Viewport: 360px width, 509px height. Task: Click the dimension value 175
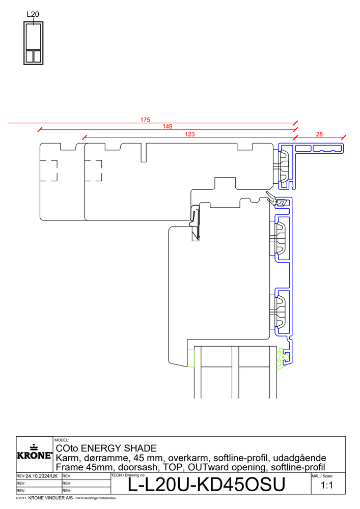coord(145,120)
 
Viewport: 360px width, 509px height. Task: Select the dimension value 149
coord(168,127)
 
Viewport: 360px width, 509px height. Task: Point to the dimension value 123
coord(189,134)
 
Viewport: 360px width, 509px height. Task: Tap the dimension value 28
coord(319,134)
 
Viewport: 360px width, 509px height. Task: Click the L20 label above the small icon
coord(33,14)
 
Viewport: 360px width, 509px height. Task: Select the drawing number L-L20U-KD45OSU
coord(207,485)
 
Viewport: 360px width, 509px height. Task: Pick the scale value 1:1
coord(327,486)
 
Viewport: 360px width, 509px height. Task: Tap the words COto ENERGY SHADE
coord(106,448)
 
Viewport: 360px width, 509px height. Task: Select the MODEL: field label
coord(62,440)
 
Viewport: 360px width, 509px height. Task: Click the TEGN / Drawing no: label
coord(128,475)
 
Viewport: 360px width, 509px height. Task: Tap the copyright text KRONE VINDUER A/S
coord(50,498)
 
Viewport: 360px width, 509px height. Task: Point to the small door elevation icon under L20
coord(34,43)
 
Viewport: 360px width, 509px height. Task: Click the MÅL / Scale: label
coord(322,476)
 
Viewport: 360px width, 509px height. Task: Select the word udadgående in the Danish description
coord(299,458)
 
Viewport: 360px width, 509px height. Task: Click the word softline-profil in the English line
coord(298,467)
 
